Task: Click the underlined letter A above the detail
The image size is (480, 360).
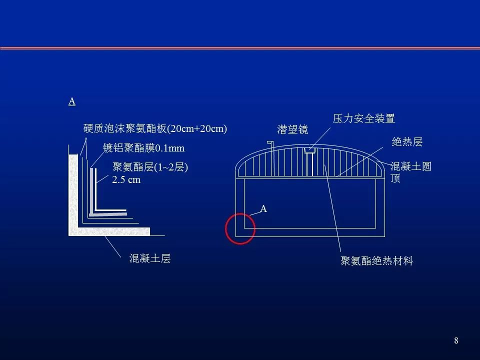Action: click(72, 101)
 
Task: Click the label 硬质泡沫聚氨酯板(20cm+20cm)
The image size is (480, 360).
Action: click(155, 128)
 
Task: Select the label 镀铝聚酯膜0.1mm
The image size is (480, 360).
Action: click(143, 148)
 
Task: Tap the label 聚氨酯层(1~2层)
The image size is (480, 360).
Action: click(150, 167)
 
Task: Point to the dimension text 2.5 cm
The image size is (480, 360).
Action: click(126, 179)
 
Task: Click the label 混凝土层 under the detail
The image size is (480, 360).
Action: click(150, 258)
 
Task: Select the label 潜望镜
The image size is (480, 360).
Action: click(292, 129)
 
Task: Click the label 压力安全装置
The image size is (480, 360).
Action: click(364, 118)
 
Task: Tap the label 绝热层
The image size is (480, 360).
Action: click(407, 142)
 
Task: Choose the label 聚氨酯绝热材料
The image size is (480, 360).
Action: click(377, 261)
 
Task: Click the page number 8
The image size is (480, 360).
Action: click(456, 340)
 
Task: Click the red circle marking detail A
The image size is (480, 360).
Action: click(225, 229)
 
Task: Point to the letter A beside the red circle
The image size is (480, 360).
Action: click(263, 209)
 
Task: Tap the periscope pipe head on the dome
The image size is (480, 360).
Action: click(270, 142)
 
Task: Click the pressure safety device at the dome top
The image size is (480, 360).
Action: click(310, 150)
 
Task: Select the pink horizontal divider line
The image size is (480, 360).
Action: click(240, 48)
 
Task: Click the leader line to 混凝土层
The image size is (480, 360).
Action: click(113, 246)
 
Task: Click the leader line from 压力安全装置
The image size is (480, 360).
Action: click(320, 138)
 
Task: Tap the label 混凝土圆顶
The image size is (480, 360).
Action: click(410, 172)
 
